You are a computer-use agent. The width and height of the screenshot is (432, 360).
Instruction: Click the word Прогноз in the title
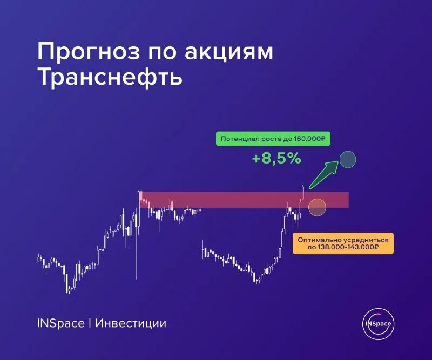tap(85, 53)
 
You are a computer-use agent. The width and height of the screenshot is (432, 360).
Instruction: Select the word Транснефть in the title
tap(110, 78)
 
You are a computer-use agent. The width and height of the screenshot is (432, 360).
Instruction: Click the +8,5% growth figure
tap(276, 159)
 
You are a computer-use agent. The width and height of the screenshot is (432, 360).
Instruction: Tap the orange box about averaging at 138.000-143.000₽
tap(343, 243)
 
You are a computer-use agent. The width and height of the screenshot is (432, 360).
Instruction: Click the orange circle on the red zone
tap(317, 207)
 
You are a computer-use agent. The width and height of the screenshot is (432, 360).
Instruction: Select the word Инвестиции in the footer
tap(131, 323)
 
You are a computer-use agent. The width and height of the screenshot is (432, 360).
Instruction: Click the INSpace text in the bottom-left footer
tap(60, 323)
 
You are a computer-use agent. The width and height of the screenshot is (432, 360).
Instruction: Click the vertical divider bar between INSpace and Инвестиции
tap(90, 323)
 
